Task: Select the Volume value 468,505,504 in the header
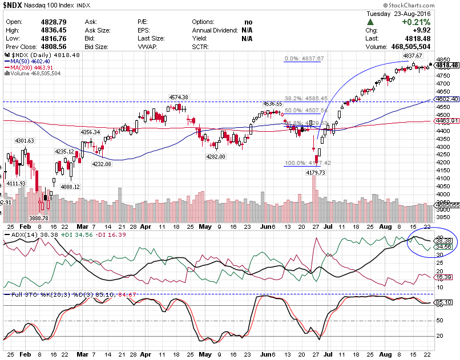click(x=424, y=47)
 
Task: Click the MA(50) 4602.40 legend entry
click(x=27, y=60)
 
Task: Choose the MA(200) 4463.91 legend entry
click(x=29, y=67)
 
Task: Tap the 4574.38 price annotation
click(x=178, y=97)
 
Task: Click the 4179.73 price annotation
click(x=315, y=172)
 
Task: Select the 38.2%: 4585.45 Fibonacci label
click(x=306, y=98)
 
